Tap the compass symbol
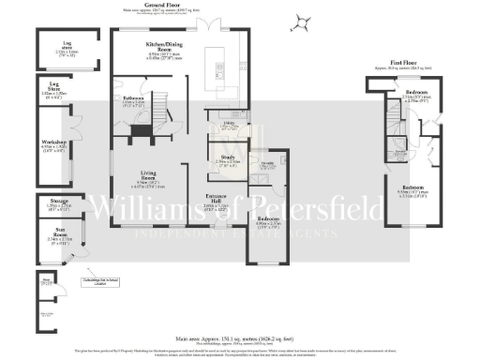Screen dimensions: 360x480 pyautogui.click(x=300, y=22)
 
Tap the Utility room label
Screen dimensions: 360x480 pyautogui.click(x=228, y=122)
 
